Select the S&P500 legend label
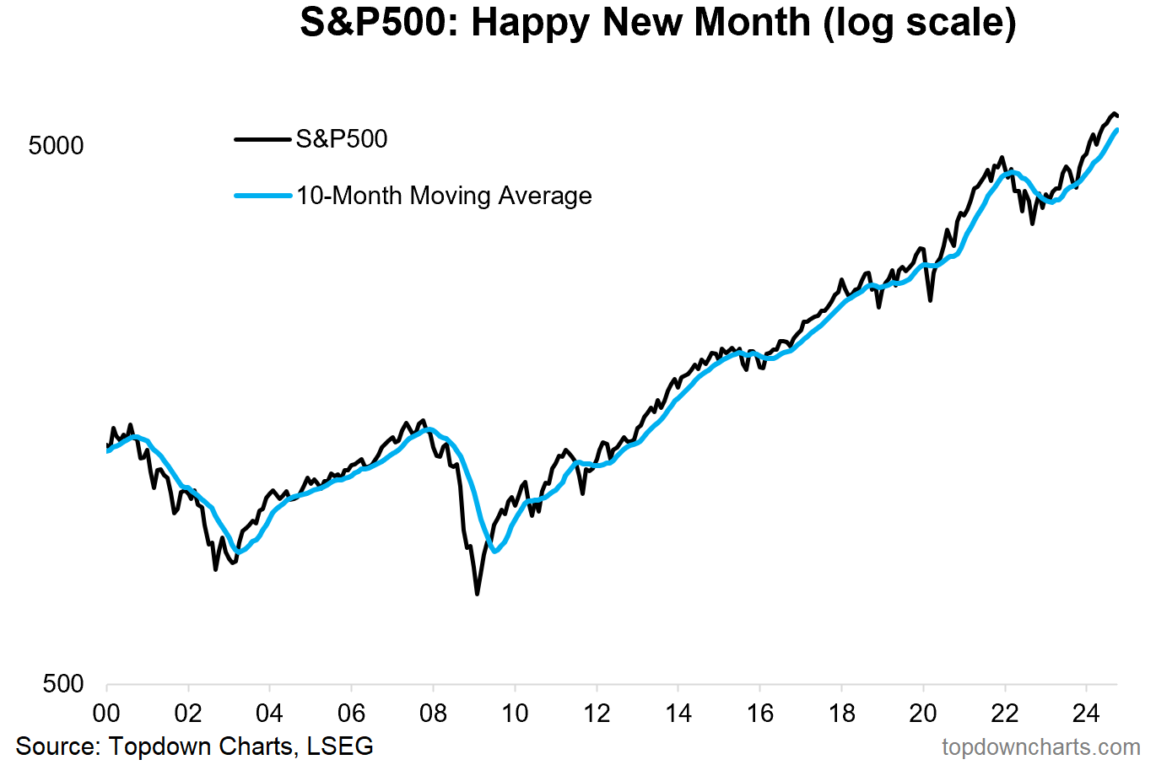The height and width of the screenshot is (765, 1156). [x=342, y=139]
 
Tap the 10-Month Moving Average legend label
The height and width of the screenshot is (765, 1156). [x=444, y=196]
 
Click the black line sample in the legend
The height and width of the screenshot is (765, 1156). [x=262, y=139]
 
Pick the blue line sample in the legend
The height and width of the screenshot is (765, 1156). [x=262, y=196]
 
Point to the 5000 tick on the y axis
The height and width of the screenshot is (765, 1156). [x=57, y=146]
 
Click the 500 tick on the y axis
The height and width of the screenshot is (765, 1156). [x=63, y=683]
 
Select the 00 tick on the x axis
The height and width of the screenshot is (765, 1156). [x=106, y=714]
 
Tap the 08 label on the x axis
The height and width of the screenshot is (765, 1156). [x=433, y=714]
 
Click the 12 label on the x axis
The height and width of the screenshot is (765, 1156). [x=597, y=714]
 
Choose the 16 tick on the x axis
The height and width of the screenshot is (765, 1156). [x=759, y=714]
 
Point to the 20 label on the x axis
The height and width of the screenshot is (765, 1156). [x=923, y=714]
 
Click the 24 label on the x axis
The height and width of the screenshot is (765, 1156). [x=1086, y=714]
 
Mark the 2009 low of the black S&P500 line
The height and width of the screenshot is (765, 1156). [x=477, y=594]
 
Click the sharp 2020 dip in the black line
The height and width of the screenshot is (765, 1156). [x=931, y=299]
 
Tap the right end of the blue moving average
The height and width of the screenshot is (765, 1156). [x=1117, y=130]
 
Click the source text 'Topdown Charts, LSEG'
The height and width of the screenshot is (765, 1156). [x=241, y=746]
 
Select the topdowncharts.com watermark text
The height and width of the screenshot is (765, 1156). [x=1040, y=747]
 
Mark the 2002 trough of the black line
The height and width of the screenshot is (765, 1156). [x=216, y=569]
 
